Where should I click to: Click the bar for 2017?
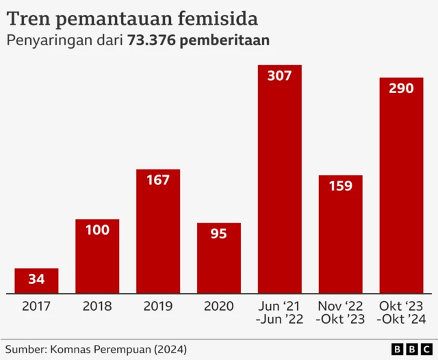pyautogui.click(x=36, y=281)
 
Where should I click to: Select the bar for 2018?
pyautogui.click(x=96, y=257)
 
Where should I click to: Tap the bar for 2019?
pyautogui.click(x=157, y=231)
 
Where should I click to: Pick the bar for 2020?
pyautogui.click(x=218, y=258)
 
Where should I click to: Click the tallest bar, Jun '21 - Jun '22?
pyautogui.click(x=279, y=179)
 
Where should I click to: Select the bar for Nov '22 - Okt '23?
pyautogui.click(x=340, y=234)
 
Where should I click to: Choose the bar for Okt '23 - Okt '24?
pyautogui.click(x=401, y=185)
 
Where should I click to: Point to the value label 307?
pyautogui.click(x=279, y=76)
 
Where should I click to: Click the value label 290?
pyautogui.click(x=401, y=89)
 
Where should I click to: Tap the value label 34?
pyautogui.click(x=36, y=279)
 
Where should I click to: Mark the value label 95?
pyautogui.click(x=218, y=234)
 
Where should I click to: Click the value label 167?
pyautogui.click(x=157, y=180)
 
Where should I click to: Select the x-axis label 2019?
pyautogui.click(x=157, y=307)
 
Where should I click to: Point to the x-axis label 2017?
pyautogui.click(x=36, y=307)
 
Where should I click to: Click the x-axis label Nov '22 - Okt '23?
pyautogui.click(x=340, y=313)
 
